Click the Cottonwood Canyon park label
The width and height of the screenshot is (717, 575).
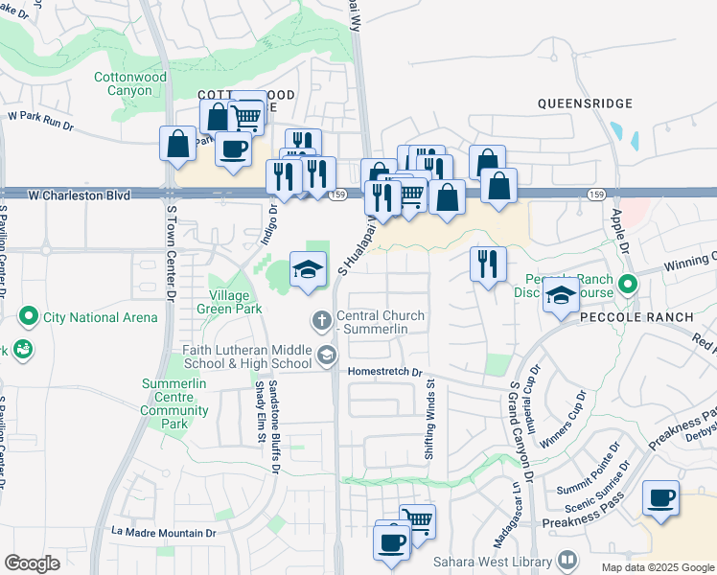(129, 83)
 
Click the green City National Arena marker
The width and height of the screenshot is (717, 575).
(28, 316)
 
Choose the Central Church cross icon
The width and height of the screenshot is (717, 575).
(323, 318)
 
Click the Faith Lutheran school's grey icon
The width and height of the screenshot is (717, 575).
(326, 356)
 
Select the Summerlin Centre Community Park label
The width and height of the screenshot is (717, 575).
(174, 403)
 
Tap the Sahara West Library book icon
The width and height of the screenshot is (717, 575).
(567, 560)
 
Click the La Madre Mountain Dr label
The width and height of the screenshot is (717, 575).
(164, 532)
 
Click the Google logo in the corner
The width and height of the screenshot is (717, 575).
(32, 563)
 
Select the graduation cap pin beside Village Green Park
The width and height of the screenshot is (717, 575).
(308, 270)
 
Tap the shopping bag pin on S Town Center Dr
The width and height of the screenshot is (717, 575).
(178, 145)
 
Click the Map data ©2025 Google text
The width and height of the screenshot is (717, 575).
(657, 567)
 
